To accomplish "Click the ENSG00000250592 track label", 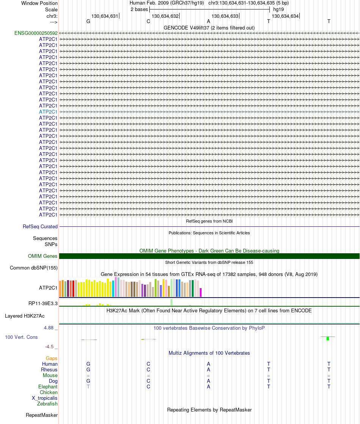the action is point(36,33).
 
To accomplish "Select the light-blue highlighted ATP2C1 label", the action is point(48,112).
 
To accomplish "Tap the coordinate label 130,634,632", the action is point(165,16).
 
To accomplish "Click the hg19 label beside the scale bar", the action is point(279,9).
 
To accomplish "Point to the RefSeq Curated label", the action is point(40,227).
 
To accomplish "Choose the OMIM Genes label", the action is point(43,256).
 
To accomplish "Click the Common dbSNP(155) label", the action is point(34,268).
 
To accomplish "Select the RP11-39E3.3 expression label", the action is point(43,303).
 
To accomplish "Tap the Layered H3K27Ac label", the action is point(25,316).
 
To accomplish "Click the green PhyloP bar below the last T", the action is point(328,338).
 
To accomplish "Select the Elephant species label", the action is point(48,387).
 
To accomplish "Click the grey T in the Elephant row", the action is point(88,387).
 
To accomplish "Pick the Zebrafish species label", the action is point(47,404).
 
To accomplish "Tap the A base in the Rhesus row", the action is point(208,369).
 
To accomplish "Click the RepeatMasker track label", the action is point(42,415).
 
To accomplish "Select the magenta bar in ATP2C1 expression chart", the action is point(201,293).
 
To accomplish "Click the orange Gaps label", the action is point(52,358).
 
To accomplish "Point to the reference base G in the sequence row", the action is point(88,21).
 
